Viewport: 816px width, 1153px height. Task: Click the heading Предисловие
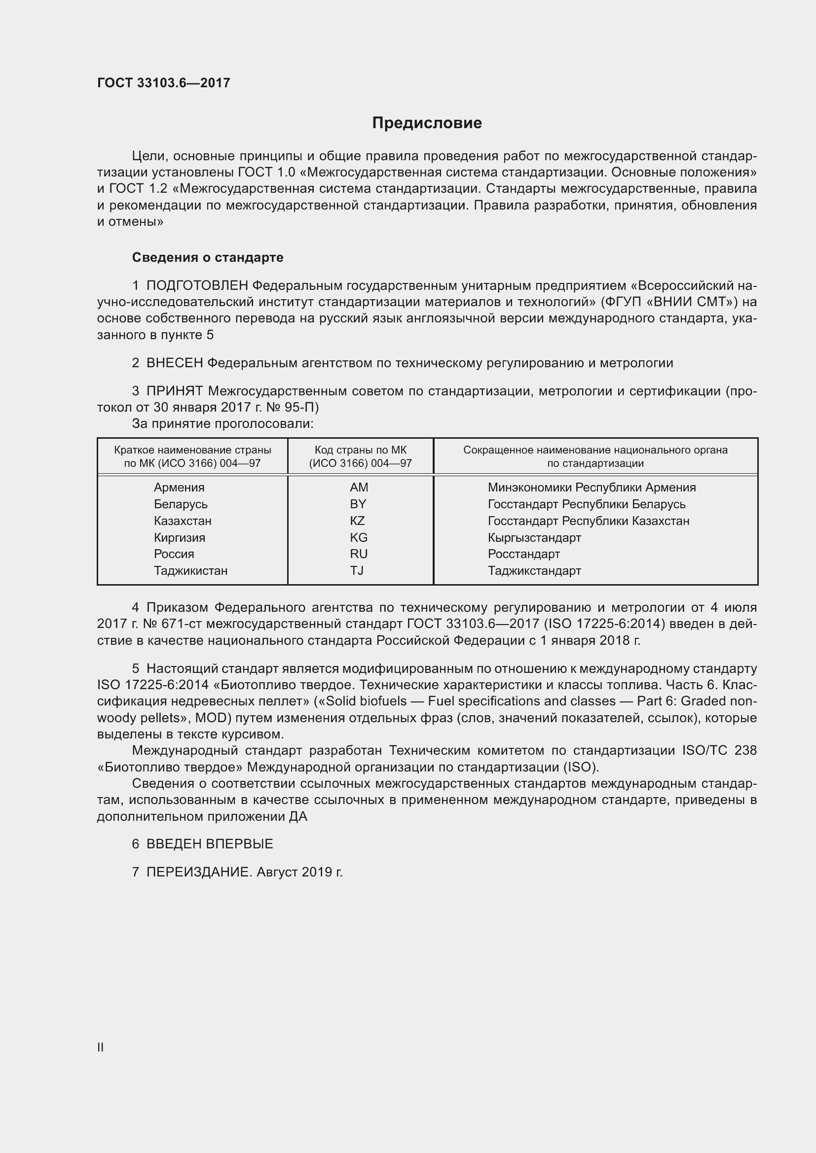tap(427, 123)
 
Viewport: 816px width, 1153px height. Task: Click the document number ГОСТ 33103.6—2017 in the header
tap(164, 83)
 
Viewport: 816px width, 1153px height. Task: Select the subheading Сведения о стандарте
tap(208, 258)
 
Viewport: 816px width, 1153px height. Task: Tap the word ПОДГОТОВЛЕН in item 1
tap(197, 286)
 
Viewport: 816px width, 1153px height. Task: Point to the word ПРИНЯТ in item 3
tap(175, 391)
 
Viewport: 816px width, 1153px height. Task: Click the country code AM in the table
tap(359, 488)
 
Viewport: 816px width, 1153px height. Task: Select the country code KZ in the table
tap(357, 521)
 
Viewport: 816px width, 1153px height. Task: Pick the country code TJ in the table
tap(357, 571)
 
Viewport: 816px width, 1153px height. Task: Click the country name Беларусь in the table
tap(181, 504)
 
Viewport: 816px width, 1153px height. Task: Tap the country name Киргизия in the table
tap(180, 538)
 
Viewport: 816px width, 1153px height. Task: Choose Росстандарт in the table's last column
tap(523, 555)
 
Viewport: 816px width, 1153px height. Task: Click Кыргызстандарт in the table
tap(534, 538)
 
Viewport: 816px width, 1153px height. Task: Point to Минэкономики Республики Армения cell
tap(592, 488)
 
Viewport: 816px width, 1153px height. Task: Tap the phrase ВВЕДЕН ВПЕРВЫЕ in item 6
tap(210, 844)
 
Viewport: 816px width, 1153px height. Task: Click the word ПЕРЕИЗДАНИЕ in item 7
tap(198, 873)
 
